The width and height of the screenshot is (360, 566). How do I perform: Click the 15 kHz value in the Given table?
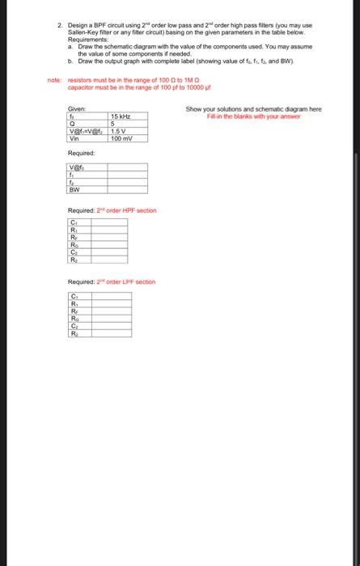click(x=120, y=117)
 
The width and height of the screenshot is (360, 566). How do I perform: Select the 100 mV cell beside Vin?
click(x=121, y=139)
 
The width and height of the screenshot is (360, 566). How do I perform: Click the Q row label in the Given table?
click(x=73, y=125)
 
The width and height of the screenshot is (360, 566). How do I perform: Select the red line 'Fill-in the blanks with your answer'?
click(x=253, y=115)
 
